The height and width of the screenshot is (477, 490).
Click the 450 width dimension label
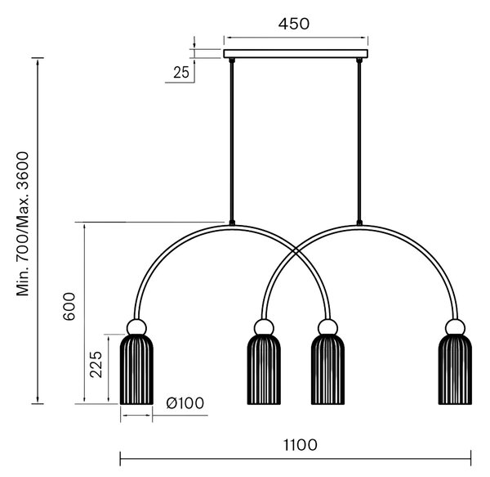[x=294, y=24]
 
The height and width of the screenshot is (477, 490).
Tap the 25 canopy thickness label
[x=181, y=73]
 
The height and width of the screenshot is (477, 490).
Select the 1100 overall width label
[x=300, y=445]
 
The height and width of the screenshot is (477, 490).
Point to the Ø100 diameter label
[x=185, y=403]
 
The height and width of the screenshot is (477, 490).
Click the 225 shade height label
[x=96, y=364]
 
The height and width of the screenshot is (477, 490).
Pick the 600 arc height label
[x=69, y=307]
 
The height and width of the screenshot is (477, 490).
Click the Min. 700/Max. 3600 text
[x=23, y=224]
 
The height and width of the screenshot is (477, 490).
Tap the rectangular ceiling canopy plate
[x=296, y=54]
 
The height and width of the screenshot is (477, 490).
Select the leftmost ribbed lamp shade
[x=136, y=370]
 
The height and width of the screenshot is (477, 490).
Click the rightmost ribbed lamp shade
[x=455, y=370]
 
